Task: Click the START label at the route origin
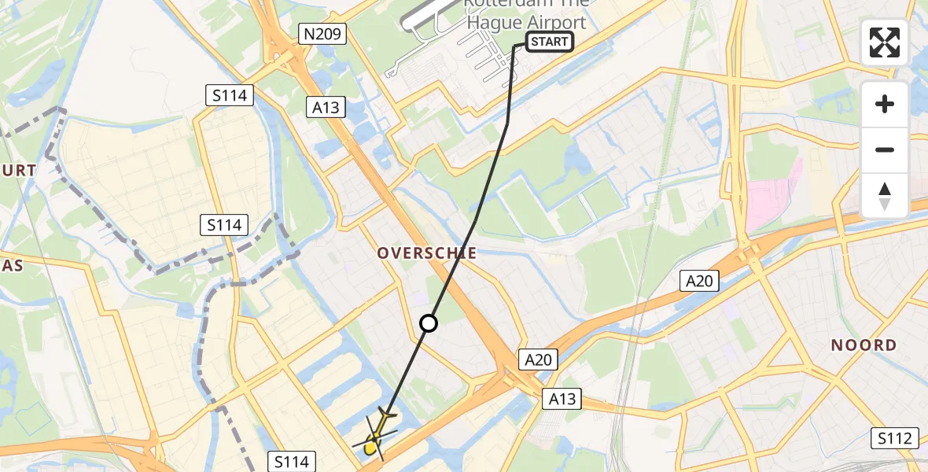coord(549,42)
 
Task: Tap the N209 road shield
coord(322,32)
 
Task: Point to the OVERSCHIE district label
coord(427,253)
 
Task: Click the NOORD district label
coord(864,345)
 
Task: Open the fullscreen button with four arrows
coord(885,42)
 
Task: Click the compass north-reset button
coord(885,196)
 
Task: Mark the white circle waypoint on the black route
coord(429,323)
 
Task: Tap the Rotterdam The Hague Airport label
coord(525,14)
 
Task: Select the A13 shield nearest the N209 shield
coord(326,107)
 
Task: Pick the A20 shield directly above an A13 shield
coord(539,360)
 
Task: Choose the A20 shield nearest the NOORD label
coord(699,280)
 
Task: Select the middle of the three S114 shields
coord(224,225)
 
